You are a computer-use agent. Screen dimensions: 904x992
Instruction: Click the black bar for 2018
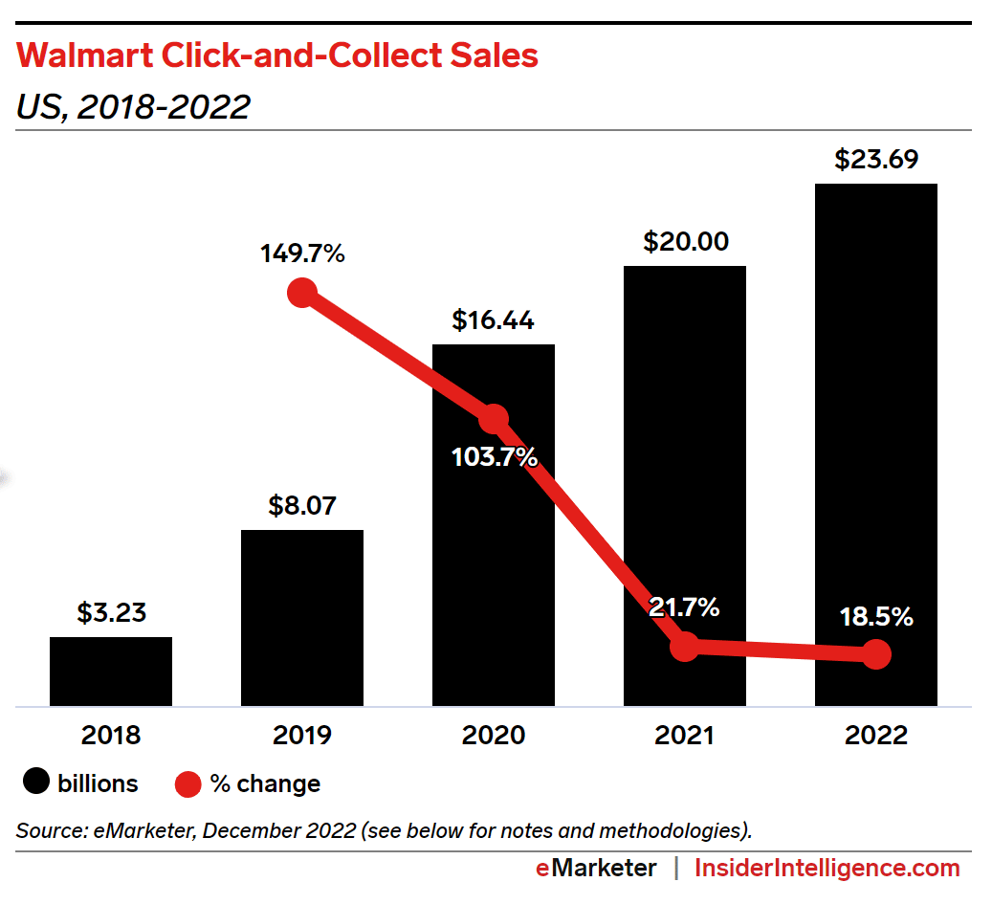pyautogui.click(x=111, y=672)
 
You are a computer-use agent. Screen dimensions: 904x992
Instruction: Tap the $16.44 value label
pyautogui.click(x=493, y=321)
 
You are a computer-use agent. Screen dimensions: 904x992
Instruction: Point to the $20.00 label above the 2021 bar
pyautogui.click(x=684, y=242)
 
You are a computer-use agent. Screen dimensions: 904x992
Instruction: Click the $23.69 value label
pyautogui.click(x=875, y=160)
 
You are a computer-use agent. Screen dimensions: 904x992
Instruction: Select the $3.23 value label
pyautogui.click(x=111, y=612)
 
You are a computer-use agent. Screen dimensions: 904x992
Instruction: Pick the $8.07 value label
pyautogui.click(x=302, y=505)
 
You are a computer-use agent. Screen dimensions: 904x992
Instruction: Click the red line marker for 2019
pyautogui.click(x=302, y=293)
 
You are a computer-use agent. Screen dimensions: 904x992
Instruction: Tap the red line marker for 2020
pyautogui.click(x=494, y=419)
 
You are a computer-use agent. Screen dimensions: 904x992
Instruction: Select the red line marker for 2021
pyautogui.click(x=684, y=647)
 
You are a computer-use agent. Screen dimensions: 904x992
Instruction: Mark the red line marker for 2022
pyautogui.click(x=876, y=654)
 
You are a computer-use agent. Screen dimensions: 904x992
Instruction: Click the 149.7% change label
pyautogui.click(x=301, y=254)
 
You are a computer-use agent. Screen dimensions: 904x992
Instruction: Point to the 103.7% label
pyautogui.click(x=494, y=457)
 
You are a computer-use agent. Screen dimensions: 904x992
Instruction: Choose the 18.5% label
pyautogui.click(x=876, y=617)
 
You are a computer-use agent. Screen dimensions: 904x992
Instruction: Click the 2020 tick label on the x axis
pyautogui.click(x=494, y=735)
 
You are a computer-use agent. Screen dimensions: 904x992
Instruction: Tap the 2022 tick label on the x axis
pyautogui.click(x=876, y=735)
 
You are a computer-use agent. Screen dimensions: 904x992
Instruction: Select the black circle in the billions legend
pyautogui.click(x=36, y=783)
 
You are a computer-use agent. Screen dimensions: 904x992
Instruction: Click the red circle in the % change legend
pyautogui.click(x=188, y=783)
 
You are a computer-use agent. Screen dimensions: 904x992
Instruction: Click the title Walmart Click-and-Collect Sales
pyautogui.click(x=277, y=56)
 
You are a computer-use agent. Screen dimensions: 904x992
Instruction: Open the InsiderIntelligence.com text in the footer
pyautogui.click(x=827, y=869)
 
